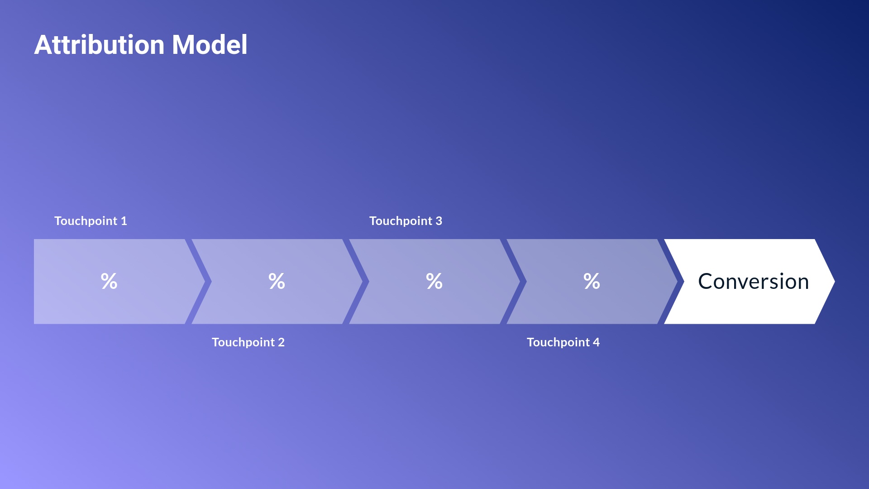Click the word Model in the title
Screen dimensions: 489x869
pos(210,45)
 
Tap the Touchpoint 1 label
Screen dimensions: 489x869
pos(91,221)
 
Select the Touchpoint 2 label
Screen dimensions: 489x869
pos(248,342)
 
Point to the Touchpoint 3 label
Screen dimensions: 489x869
pos(406,221)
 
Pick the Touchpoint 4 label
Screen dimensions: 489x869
pos(563,342)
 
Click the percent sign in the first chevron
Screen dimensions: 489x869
pos(109,281)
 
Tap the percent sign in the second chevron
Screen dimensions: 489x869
pos(277,281)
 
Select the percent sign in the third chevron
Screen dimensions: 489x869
pos(434,281)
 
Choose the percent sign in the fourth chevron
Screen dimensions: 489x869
pos(592,281)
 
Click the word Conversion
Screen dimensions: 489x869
pos(753,282)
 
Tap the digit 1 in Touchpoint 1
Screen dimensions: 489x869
pos(124,221)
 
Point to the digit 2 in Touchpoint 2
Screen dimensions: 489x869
pos(281,342)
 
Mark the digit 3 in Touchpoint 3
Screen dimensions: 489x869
pos(439,221)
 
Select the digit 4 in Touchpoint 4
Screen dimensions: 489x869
pos(596,342)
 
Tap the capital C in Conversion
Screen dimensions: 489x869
pos(707,282)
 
